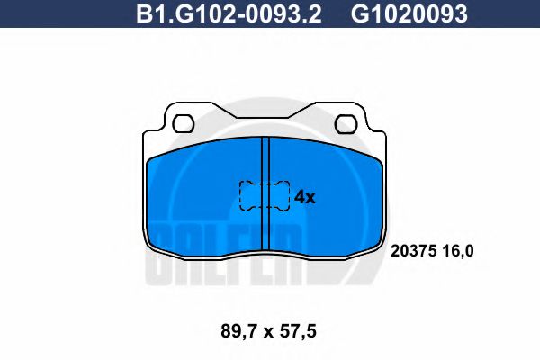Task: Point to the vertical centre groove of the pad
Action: (265, 193)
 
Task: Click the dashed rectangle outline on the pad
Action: (264, 195)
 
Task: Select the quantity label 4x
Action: (305, 197)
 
